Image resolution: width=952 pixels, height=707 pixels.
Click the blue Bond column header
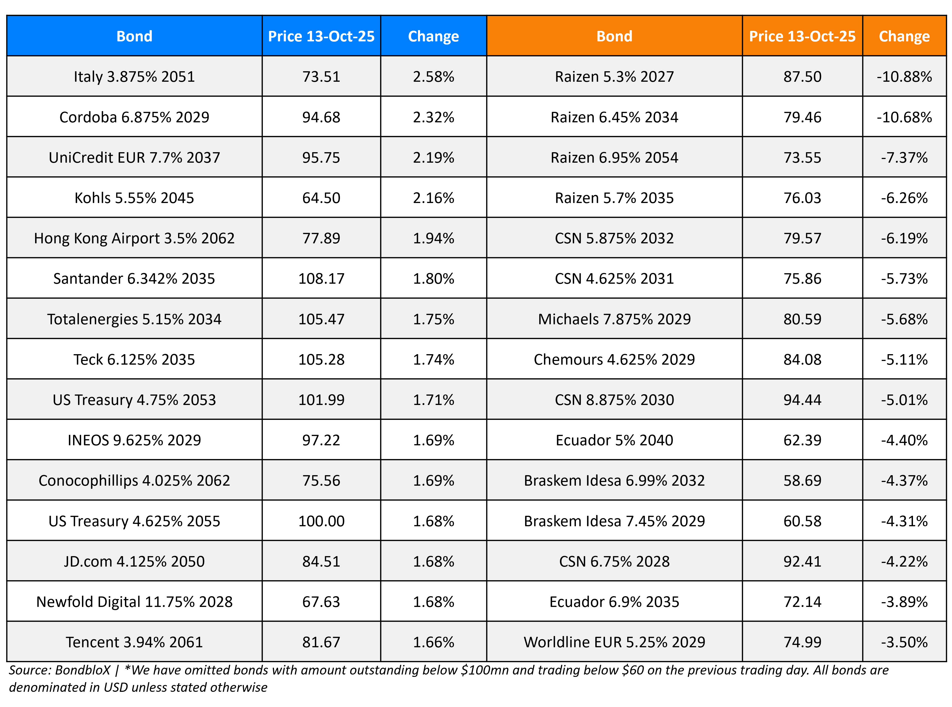point(134,36)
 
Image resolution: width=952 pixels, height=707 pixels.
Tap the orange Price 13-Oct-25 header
point(802,36)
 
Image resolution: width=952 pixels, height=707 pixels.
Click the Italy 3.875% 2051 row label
point(134,76)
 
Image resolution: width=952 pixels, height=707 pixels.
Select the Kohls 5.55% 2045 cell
point(134,198)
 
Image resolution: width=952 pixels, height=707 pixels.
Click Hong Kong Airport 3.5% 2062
point(134,238)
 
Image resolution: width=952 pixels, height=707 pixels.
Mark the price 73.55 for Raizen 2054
point(802,157)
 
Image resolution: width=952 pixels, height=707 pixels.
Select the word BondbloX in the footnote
point(82,670)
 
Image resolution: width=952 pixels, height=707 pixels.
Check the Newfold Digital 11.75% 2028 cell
point(134,602)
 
